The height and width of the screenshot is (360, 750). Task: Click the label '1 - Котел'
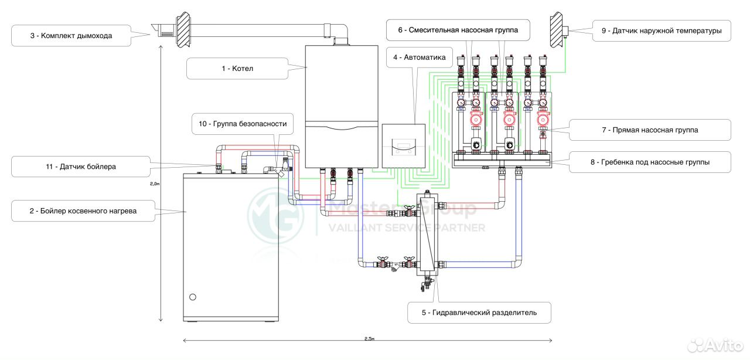(x=237, y=69)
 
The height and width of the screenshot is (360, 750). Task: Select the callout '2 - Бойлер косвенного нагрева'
(x=83, y=211)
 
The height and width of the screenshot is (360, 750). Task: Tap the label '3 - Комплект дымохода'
(x=71, y=36)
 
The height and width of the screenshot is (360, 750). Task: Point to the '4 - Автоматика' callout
(x=420, y=57)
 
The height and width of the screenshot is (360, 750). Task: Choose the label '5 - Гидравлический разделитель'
(x=479, y=313)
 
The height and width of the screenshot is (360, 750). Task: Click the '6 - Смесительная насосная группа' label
(x=458, y=30)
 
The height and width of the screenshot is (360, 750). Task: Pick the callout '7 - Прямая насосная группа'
(x=650, y=130)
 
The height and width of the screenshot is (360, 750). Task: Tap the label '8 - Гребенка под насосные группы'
(x=650, y=162)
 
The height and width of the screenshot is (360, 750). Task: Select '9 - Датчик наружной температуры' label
(x=662, y=31)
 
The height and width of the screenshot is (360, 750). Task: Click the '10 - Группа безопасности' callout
(x=243, y=124)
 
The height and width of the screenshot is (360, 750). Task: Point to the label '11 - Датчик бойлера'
(x=81, y=167)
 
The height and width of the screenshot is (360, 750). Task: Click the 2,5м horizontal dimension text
(x=369, y=339)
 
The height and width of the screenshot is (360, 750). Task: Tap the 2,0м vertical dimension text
(x=155, y=184)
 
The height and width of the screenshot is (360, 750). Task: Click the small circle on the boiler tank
(x=193, y=297)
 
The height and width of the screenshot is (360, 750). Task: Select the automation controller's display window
(x=404, y=147)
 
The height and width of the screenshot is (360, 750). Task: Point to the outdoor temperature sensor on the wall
(x=565, y=32)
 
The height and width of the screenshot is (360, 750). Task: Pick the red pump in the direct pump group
(x=543, y=120)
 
